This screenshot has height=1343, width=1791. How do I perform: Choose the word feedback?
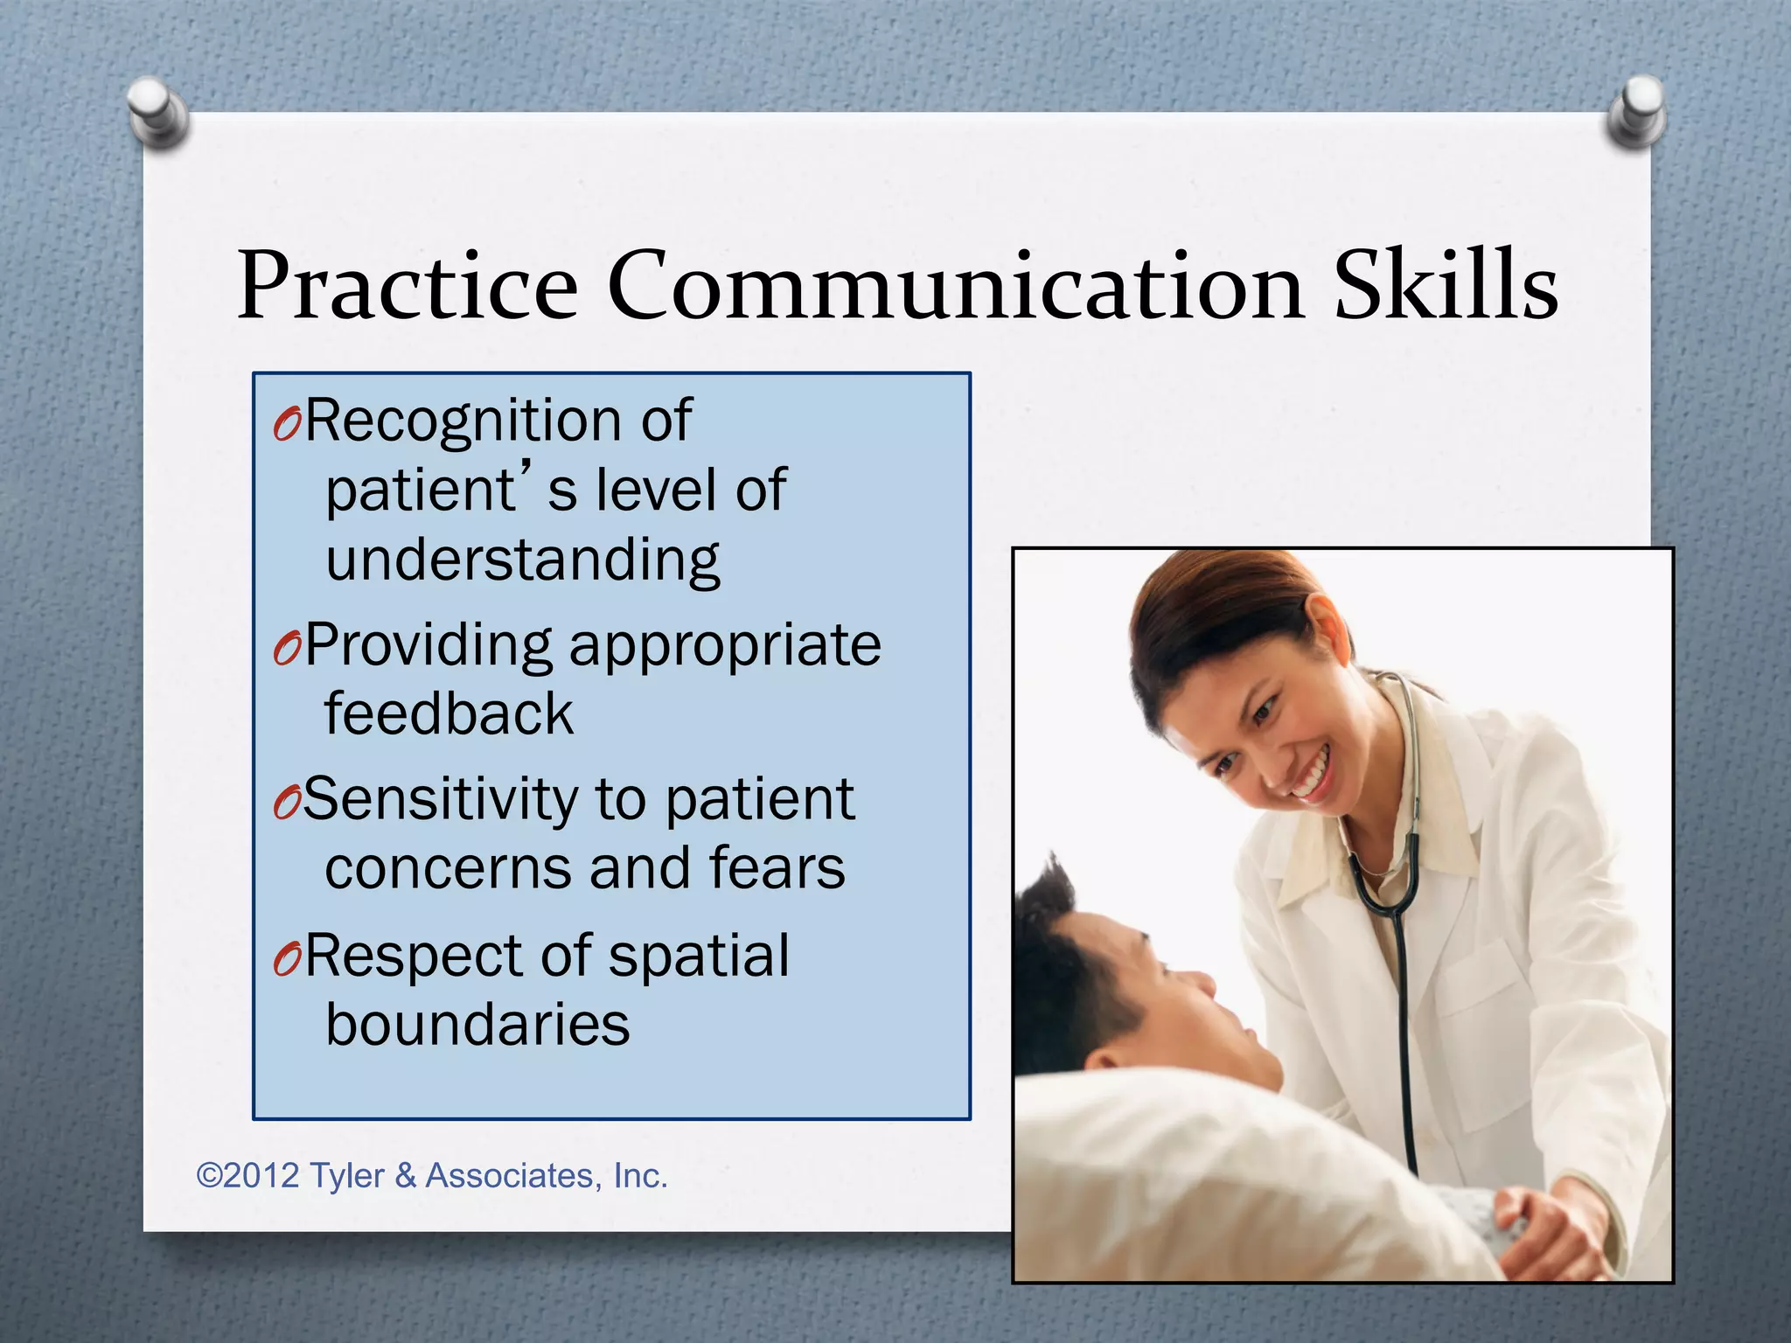pos(449,713)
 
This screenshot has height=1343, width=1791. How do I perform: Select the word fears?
pos(777,868)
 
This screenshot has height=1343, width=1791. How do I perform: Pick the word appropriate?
pos(725,645)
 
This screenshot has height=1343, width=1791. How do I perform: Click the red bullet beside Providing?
pos(286,649)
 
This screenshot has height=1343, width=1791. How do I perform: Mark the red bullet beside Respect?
pos(286,959)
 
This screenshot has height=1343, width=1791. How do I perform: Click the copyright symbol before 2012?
pos(209,1176)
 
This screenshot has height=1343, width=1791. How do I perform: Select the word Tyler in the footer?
pos(346,1176)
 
